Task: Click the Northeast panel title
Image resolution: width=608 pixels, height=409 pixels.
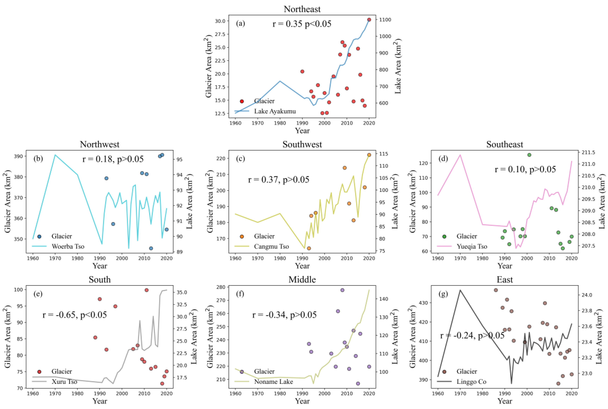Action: [x=302, y=9]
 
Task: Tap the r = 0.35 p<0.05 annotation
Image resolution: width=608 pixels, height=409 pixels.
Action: [x=302, y=24]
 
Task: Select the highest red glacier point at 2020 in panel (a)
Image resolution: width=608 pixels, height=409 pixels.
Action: [x=369, y=20]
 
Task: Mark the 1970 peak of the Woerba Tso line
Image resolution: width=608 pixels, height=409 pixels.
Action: [x=55, y=155]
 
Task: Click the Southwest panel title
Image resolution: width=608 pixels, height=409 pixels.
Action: [x=302, y=145]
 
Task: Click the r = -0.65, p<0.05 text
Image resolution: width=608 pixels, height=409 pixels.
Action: [x=75, y=315]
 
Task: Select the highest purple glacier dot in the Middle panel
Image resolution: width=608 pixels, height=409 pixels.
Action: [x=342, y=290]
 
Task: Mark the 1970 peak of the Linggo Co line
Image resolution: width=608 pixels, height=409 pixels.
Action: [x=460, y=290]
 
